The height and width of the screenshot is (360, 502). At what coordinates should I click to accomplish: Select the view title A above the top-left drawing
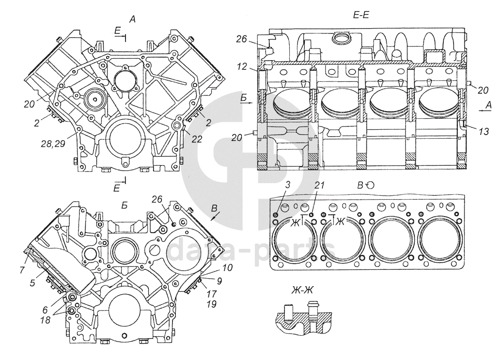[x=132, y=19]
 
